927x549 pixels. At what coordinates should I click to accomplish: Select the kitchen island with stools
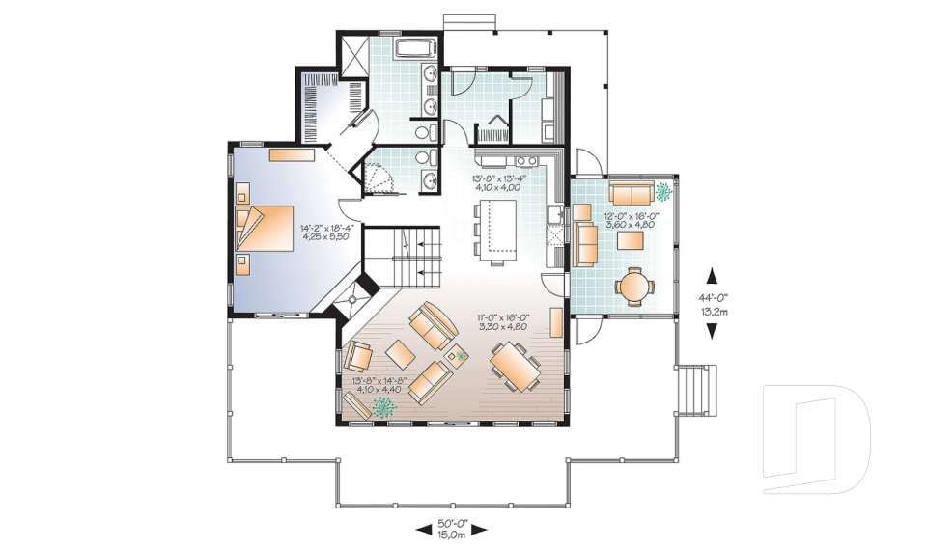pyautogui.click(x=494, y=231)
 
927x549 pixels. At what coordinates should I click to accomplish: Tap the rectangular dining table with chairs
pyautogui.click(x=516, y=367)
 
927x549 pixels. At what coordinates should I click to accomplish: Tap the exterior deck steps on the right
pyautogui.click(x=697, y=390)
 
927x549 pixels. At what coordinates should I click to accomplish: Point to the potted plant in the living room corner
pyautogui.click(x=384, y=407)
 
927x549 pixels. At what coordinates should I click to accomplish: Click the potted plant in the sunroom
pyautogui.click(x=663, y=191)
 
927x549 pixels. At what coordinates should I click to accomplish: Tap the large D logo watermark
pyautogui.click(x=817, y=438)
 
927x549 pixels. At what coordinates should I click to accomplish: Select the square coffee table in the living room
pyautogui.click(x=402, y=354)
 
